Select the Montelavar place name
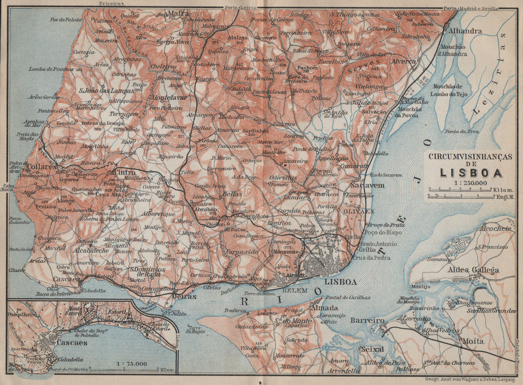[x=168, y=97]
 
